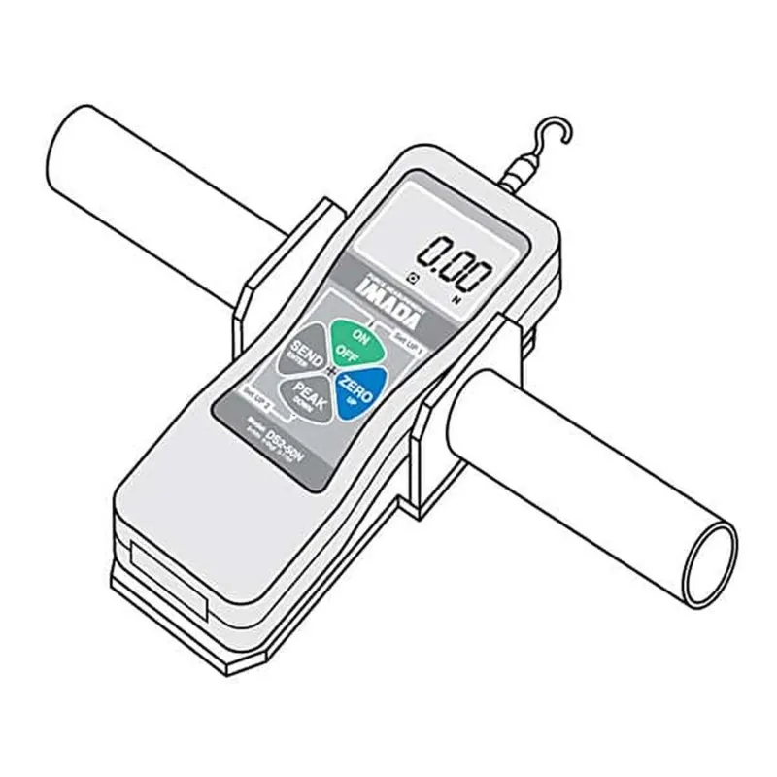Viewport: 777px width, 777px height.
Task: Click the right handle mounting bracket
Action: click(447, 427)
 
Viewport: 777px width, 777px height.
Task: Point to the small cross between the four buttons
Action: click(331, 374)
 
